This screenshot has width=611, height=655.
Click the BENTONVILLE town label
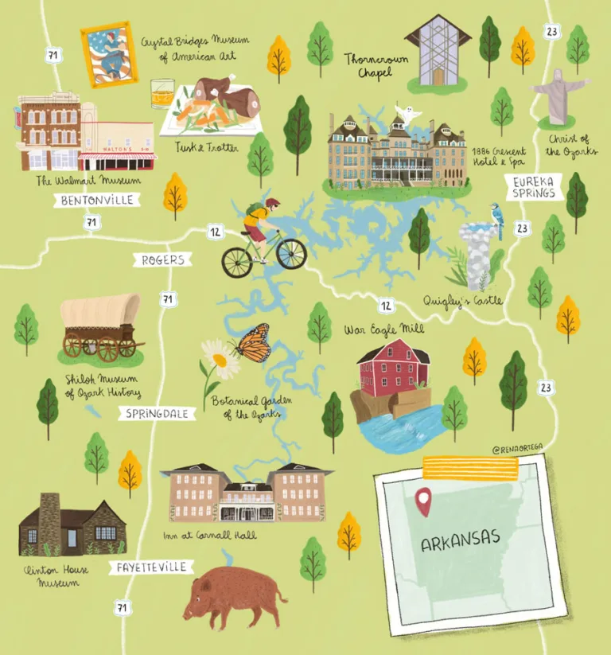tap(97, 201)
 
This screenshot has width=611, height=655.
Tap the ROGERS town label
tap(162, 259)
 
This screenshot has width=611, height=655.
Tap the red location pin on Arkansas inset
tap(423, 499)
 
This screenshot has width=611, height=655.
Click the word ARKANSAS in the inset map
tap(461, 543)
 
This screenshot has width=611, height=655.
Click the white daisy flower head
tap(218, 360)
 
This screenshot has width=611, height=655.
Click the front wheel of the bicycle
tap(291, 254)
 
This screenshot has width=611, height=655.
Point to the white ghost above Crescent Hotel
tap(408, 115)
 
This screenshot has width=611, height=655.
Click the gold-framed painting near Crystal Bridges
tap(109, 54)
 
